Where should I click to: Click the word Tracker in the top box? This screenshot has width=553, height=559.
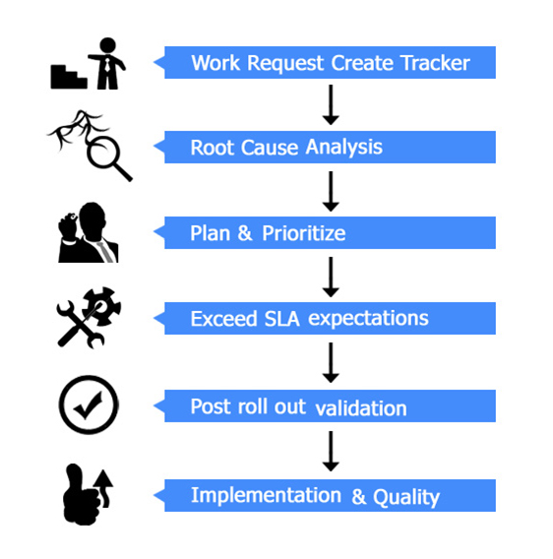(435, 63)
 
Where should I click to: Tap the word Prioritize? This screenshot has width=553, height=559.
(304, 233)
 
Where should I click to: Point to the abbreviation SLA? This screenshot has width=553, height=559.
(281, 318)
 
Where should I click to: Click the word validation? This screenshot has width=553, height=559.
(361, 407)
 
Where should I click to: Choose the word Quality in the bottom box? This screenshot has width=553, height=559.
(406, 497)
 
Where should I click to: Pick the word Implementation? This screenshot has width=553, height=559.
(266, 496)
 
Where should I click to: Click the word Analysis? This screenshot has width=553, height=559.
(344, 148)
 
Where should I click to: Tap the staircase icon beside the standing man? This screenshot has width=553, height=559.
(69, 77)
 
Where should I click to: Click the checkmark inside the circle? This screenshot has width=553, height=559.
(88, 406)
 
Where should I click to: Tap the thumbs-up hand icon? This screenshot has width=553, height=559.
(81, 495)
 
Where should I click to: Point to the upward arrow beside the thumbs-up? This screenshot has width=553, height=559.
(105, 488)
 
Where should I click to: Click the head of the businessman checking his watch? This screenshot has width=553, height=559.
(92, 220)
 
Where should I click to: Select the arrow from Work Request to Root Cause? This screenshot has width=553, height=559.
(331, 104)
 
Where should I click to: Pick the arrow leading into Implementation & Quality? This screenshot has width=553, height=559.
(331, 452)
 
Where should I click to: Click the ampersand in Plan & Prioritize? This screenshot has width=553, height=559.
(245, 233)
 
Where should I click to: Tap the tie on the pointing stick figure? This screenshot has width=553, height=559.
(107, 65)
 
